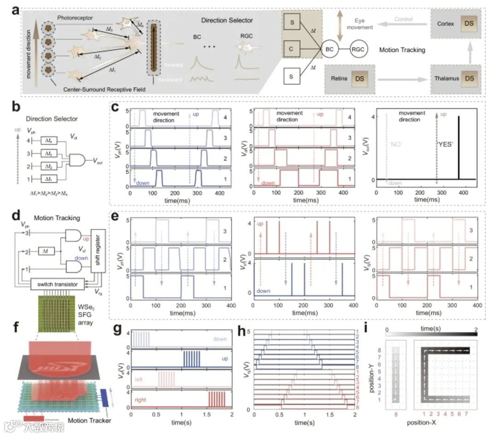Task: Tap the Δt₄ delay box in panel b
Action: tap(48, 141)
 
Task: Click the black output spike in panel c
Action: tap(459, 147)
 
